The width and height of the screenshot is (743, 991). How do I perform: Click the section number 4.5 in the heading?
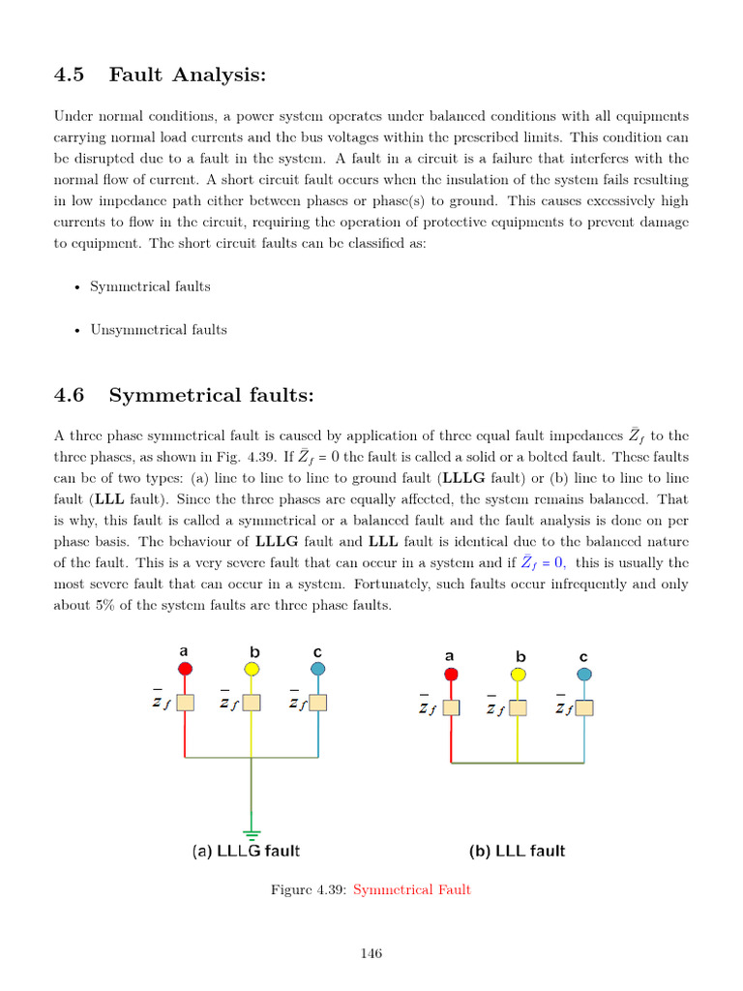point(69,75)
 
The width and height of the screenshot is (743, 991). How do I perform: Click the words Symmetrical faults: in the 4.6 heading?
point(212,395)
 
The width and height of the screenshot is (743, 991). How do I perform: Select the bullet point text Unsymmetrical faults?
point(159,330)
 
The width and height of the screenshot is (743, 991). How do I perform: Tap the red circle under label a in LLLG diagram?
point(185,669)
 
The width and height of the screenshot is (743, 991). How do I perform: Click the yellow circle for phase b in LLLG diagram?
point(252,669)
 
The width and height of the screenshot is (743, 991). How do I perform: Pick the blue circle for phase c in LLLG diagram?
point(318,669)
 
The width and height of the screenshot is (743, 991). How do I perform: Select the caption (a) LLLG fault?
point(246,852)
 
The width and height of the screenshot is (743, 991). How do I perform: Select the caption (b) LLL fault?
point(517,852)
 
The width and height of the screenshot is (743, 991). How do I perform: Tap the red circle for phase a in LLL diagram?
point(451,674)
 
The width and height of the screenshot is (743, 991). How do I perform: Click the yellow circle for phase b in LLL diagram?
point(519,674)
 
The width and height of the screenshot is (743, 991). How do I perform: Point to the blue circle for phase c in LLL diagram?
point(583,674)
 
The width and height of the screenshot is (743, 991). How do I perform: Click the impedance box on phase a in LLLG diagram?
point(185,703)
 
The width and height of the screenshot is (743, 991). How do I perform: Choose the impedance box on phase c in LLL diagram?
point(584,708)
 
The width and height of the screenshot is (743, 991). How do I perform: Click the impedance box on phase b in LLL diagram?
point(519,708)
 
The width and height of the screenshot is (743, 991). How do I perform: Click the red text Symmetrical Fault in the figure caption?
point(412,889)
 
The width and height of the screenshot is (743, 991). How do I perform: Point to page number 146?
point(371,953)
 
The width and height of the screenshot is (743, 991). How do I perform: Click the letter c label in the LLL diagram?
point(583,655)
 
